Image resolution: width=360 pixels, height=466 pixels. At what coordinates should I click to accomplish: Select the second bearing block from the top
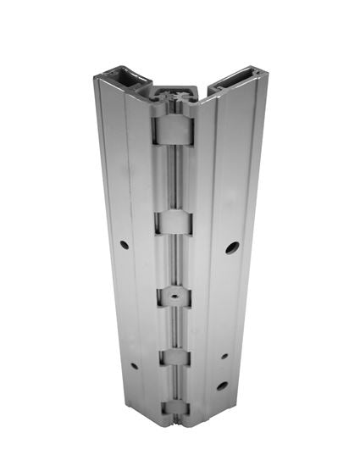[x=172, y=223]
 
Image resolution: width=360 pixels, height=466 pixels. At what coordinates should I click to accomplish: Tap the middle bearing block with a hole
[x=173, y=297]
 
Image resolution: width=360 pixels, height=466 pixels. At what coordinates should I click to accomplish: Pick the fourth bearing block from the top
[x=174, y=357]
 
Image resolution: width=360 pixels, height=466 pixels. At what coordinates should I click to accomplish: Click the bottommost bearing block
[x=174, y=409]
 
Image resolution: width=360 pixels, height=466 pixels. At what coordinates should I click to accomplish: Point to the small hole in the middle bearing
[x=173, y=297]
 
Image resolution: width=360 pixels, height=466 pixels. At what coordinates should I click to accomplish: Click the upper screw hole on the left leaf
[x=125, y=245]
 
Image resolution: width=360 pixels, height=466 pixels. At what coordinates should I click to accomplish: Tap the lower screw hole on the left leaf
[x=134, y=367]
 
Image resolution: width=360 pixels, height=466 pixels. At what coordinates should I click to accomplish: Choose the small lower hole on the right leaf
[x=224, y=356]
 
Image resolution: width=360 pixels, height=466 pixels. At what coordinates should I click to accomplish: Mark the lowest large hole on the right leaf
[x=222, y=386]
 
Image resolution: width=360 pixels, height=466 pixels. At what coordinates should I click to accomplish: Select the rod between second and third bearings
[x=173, y=261]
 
